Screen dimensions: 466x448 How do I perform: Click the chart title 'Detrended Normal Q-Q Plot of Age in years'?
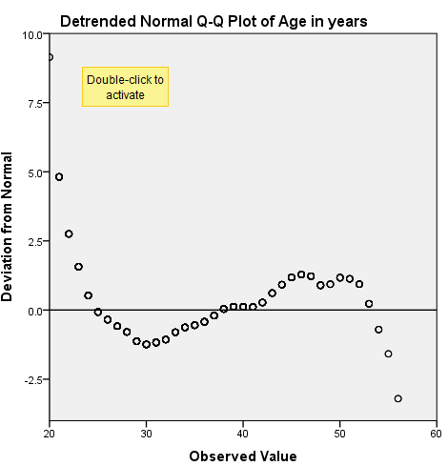coord(227,20)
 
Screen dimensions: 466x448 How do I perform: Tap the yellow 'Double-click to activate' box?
coord(125,87)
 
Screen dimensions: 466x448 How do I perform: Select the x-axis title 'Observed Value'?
coord(243,456)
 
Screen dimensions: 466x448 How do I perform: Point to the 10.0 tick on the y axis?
coord(32,34)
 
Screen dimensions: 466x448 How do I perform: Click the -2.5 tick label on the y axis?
coord(31,380)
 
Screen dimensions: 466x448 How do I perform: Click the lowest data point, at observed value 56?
coord(397,398)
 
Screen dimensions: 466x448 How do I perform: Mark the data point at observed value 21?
coord(59,177)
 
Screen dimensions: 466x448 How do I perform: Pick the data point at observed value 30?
coord(146,344)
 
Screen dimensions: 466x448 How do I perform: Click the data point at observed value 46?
coord(301,274)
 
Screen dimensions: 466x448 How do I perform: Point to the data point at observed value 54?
coord(378,330)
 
